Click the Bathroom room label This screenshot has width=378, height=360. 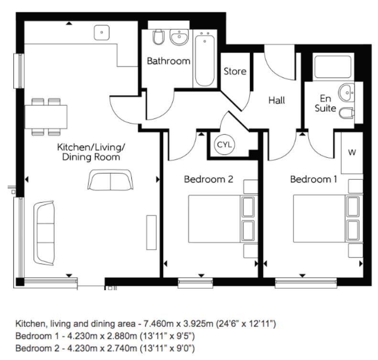pyautogui.click(x=168, y=61)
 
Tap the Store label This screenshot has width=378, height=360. pyautogui.click(x=235, y=71)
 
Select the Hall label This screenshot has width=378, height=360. pyautogui.click(x=276, y=100)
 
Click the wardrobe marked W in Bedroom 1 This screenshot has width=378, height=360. pyautogui.click(x=352, y=153)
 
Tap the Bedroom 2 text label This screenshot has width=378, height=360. pyautogui.click(x=208, y=179)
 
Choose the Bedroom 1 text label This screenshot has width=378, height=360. pyautogui.click(x=313, y=179)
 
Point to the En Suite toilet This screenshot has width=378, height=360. pyautogui.click(x=346, y=113)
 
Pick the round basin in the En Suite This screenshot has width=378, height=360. pyautogui.click(x=345, y=91)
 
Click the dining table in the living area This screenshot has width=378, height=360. pyautogui.click(x=46, y=115)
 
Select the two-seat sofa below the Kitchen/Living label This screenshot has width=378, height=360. pyautogui.click(x=111, y=180)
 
